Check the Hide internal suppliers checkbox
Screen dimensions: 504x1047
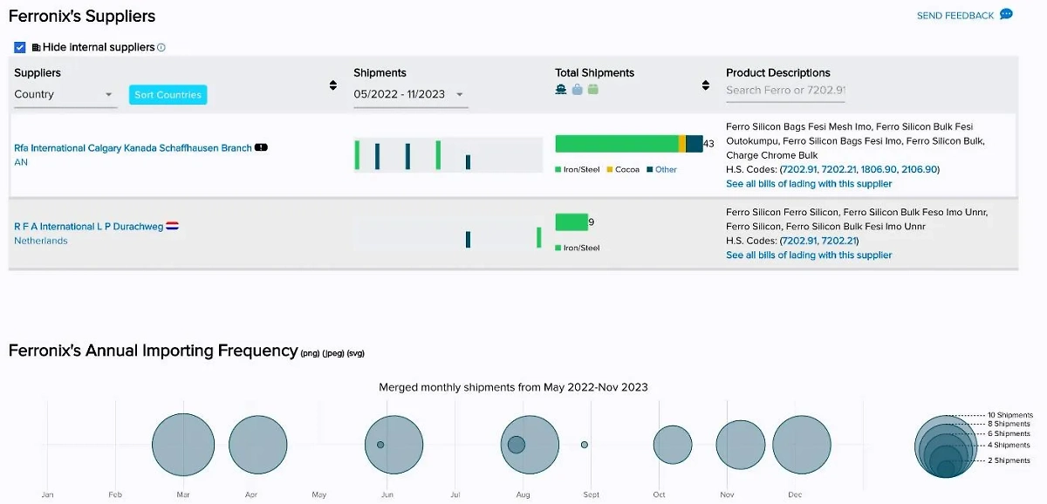[x=20, y=47]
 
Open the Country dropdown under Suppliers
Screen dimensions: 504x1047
[x=65, y=94]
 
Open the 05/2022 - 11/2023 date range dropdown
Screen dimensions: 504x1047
[x=409, y=94]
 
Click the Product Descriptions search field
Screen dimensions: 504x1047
[x=785, y=90]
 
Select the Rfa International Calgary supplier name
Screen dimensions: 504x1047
[x=133, y=148]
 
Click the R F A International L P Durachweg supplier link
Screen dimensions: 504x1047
[x=88, y=227]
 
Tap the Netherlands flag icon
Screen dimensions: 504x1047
[x=173, y=227]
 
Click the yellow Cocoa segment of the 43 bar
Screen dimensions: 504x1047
[x=682, y=144]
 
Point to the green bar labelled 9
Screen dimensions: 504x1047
[x=571, y=222]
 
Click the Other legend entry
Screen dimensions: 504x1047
[x=666, y=169]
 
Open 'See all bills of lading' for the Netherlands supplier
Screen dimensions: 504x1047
[x=809, y=255]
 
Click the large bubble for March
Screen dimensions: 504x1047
[x=183, y=445]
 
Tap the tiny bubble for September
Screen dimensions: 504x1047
[x=585, y=445]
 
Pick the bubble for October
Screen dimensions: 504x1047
[x=673, y=445]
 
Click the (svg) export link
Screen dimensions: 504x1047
[x=356, y=353]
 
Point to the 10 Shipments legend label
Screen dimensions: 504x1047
[x=1009, y=415]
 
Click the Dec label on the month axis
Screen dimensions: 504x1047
[x=795, y=495]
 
